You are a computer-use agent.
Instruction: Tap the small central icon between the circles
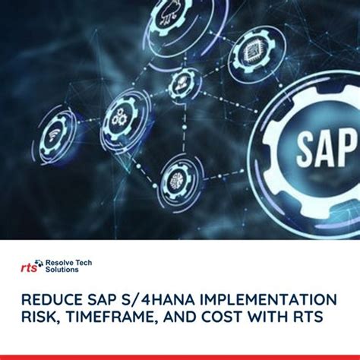pyautogui.click(x=183, y=83)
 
